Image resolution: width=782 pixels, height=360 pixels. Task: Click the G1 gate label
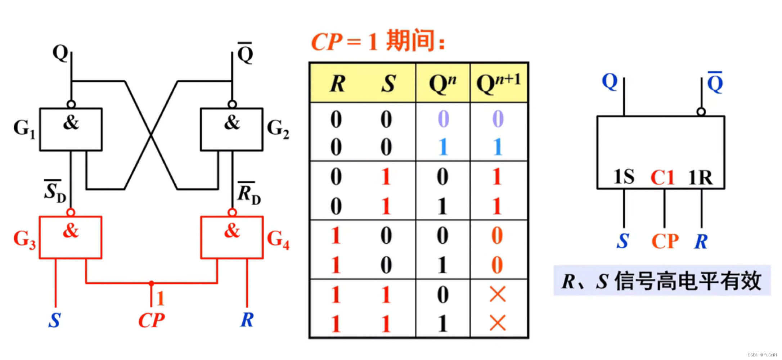click(x=24, y=129)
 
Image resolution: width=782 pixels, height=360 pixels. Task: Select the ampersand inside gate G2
click(x=232, y=122)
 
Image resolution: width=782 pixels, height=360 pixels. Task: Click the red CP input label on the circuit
click(x=151, y=320)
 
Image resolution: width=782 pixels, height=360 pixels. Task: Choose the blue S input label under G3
click(x=54, y=320)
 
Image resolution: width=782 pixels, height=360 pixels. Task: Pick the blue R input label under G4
click(x=247, y=320)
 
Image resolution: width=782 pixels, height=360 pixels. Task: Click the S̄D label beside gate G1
click(x=54, y=191)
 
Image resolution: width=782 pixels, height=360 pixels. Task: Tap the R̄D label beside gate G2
click(x=249, y=193)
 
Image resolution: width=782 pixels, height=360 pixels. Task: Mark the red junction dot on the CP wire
click(x=151, y=283)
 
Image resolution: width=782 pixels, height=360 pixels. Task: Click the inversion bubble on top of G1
click(x=71, y=104)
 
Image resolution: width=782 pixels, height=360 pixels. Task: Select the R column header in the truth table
click(x=337, y=84)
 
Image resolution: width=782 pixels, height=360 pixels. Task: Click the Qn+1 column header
click(x=499, y=84)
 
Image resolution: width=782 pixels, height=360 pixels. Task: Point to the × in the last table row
click(x=498, y=323)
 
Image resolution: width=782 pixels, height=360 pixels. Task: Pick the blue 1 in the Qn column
click(x=443, y=147)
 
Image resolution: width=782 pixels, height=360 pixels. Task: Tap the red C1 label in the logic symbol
click(x=662, y=177)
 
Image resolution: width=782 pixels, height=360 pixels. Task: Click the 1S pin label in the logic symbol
click(x=624, y=177)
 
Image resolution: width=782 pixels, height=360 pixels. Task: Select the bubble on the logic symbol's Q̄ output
click(x=701, y=112)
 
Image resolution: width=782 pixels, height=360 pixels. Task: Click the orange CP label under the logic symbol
click(x=665, y=241)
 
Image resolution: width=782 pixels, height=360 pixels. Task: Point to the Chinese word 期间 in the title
click(x=410, y=40)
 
